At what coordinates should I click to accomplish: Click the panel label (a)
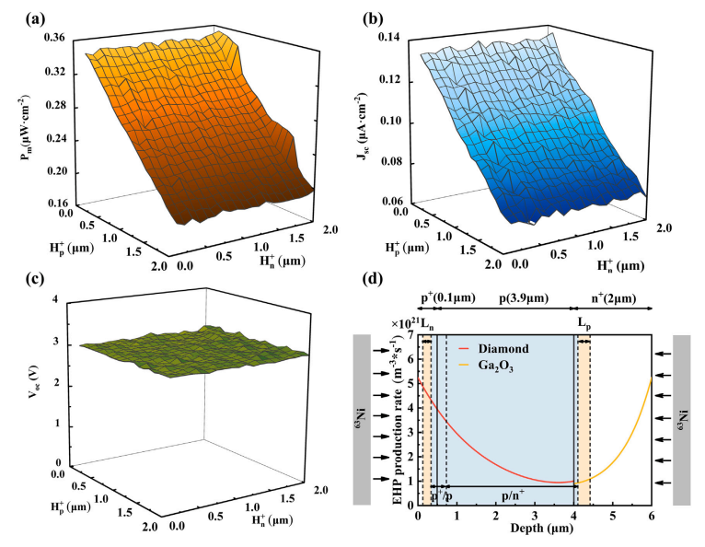click(21, 17)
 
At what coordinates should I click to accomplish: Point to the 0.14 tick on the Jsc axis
click(405, 38)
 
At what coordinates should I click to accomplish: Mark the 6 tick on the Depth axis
click(652, 518)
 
